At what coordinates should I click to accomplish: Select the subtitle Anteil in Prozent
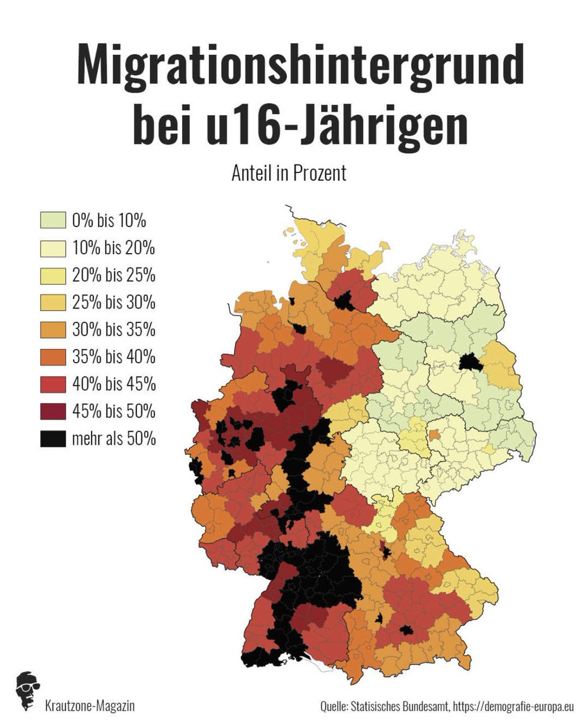(x=289, y=174)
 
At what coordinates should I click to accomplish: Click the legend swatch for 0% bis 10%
(x=53, y=221)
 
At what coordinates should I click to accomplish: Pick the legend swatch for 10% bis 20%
(x=53, y=248)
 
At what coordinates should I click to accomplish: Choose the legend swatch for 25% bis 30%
(x=53, y=302)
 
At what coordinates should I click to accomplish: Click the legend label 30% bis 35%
(x=113, y=330)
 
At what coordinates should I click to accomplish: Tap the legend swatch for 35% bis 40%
(x=53, y=357)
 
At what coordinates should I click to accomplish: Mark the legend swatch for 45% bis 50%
(x=53, y=412)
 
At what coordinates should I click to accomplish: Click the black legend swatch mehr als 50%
(x=53, y=439)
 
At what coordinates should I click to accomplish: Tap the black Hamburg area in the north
(x=345, y=301)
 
